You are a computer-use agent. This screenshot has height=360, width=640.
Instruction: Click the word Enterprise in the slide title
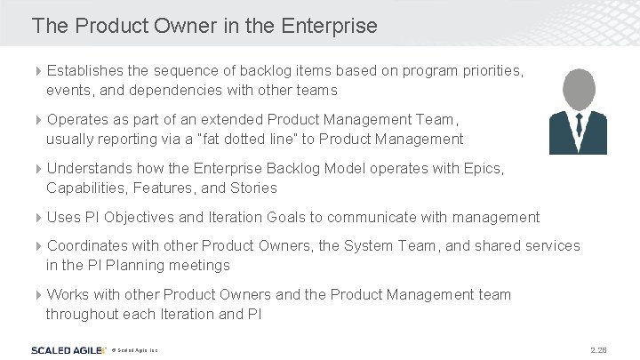click(x=329, y=26)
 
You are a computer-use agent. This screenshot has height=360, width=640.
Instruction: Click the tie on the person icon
click(x=578, y=133)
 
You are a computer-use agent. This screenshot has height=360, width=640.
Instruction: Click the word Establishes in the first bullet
click(x=84, y=69)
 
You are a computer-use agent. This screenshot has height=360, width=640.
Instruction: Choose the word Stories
click(x=253, y=188)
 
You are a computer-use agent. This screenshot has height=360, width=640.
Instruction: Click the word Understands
click(x=89, y=168)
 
